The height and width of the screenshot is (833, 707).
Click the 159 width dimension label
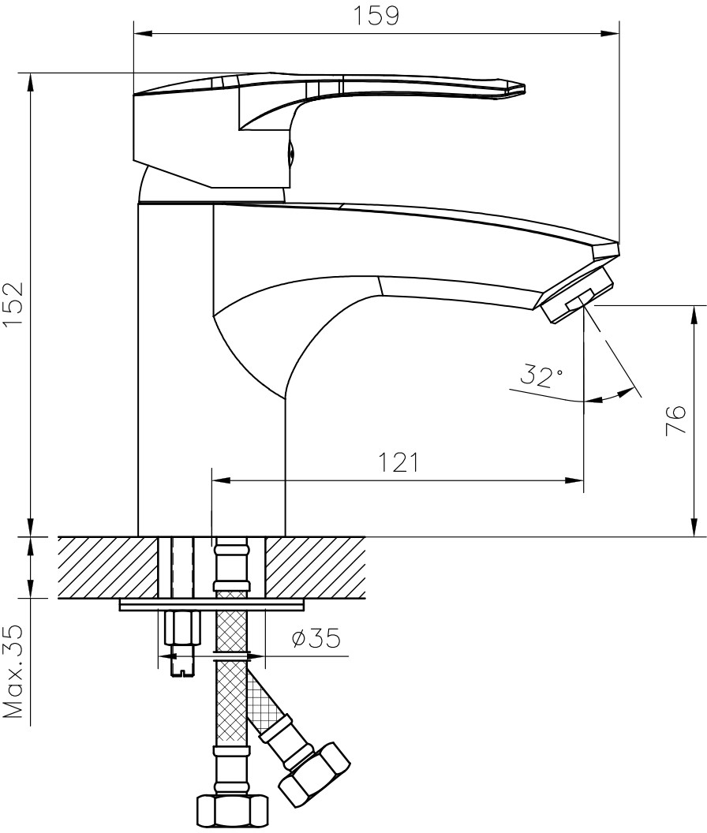click(376, 16)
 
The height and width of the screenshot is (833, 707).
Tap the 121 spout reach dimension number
click(398, 462)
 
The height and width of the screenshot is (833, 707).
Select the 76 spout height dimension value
click(675, 420)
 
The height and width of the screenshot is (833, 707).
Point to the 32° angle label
click(541, 375)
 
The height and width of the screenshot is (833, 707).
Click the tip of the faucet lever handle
click(524, 88)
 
